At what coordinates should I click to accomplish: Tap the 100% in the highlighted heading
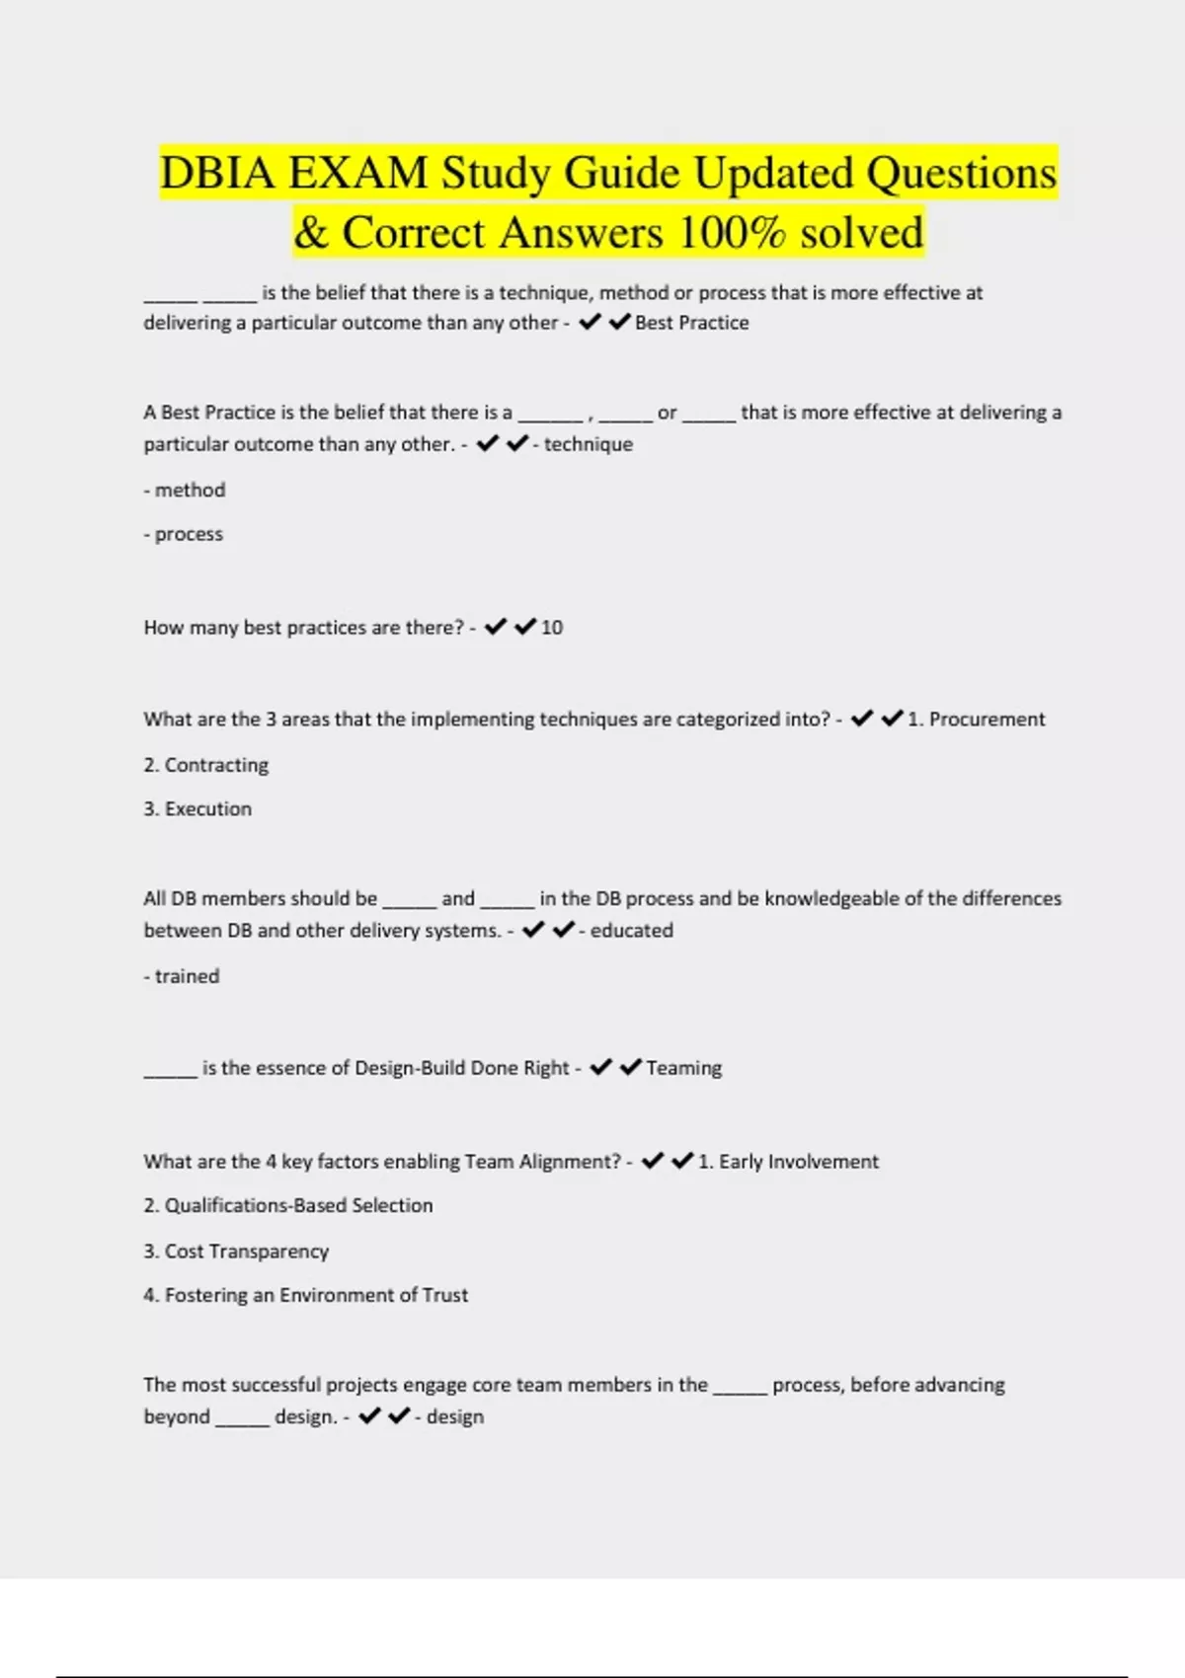pyautogui.click(x=732, y=233)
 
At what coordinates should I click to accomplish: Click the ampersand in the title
pyautogui.click(x=311, y=233)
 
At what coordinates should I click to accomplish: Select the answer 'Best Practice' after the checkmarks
pyautogui.click(x=691, y=323)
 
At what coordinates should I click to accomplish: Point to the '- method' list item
pyautogui.click(x=185, y=490)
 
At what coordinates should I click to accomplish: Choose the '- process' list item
pyautogui.click(x=184, y=534)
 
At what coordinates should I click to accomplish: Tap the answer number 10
pyautogui.click(x=552, y=628)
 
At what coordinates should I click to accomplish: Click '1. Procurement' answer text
pyautogui.click(x=976, y=720)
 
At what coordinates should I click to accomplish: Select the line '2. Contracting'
pyautogui.click(x=205, y=765)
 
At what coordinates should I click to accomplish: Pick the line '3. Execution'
pyautogui.click(x=197, y=809)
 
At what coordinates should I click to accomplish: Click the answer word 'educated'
pyautogui.click(x=631, y=931)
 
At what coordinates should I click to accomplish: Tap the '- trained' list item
pyautogui.click(x=182, y=976)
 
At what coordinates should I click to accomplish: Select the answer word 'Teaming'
pyautogui.click(x=683, y=1068)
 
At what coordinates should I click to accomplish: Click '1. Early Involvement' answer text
pyautogui.click(x=788, y=1162)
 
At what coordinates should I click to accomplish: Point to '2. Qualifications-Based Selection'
pyautogui.click(x=288, y=1205)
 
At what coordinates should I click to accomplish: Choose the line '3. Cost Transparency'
pyautogui.click(x=236, y=1252)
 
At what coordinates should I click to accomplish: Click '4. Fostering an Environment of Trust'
pyautogui.click(x=306, y=1295)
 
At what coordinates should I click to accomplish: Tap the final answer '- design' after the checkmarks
pyautogui.click(x=449, y=1416)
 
